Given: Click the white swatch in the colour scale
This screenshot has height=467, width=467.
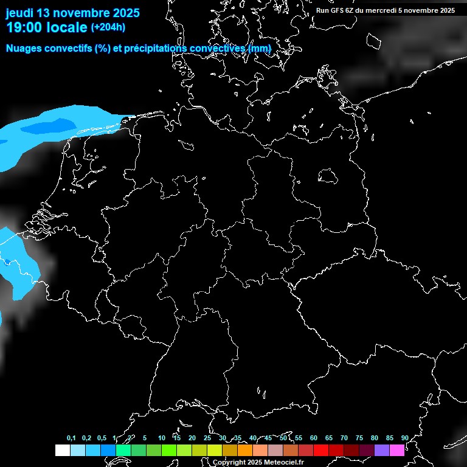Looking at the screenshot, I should [62, 450].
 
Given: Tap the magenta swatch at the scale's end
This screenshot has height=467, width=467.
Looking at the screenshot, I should [397, 450].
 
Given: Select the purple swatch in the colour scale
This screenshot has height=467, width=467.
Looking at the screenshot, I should [382, 450].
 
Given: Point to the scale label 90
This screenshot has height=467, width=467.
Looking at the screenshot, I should [404, 438].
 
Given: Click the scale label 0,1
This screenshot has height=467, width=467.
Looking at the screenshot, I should [71, 438].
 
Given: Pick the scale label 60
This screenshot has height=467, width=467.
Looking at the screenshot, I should [313, 438].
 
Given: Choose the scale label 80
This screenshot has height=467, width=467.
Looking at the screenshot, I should [374, 438].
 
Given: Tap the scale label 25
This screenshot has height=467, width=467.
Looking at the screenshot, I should [207, 438].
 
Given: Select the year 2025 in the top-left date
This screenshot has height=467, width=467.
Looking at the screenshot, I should [122, 13].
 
